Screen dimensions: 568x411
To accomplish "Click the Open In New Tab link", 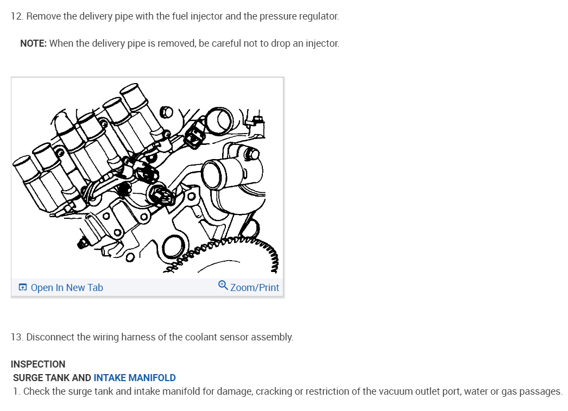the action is click(67, 288).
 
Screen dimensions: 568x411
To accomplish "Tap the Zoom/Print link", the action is click(254, 288).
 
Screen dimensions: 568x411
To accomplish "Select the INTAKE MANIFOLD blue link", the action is click(135, 378).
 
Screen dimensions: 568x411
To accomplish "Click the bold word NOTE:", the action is click(33, 43).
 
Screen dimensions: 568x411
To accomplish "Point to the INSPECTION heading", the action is click(38, 364).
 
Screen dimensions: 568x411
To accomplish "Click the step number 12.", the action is click(17, 16).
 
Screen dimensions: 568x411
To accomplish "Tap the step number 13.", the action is click(17, 337).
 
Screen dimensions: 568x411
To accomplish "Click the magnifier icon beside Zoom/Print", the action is click(223, 286).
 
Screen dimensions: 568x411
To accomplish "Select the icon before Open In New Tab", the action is click(23, 288).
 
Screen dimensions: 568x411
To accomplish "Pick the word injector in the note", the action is click(323, 43).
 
